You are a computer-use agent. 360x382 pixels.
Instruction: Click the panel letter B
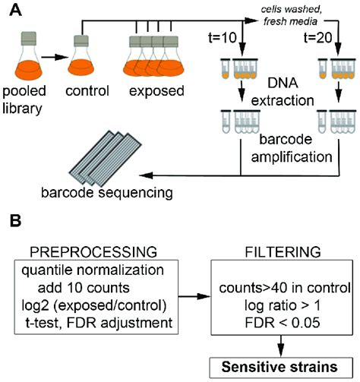(13, 223)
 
